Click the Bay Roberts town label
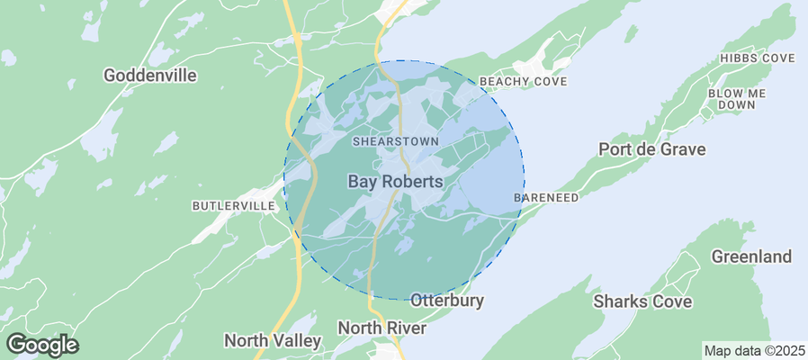point(395,182)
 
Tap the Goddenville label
point(150,76)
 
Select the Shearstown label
point(395,141)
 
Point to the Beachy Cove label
point(523,82)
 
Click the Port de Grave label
point(652,149)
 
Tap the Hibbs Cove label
point(758,58)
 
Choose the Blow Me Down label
point(737,99)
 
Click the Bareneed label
point(546,197)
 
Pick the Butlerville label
point(233,206)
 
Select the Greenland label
point(751,256)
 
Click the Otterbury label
point(447,301)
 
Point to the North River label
point(382,328)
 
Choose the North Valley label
point(272,341)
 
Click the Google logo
point(41,344)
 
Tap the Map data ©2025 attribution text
point(754,350)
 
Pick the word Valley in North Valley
point(297,341)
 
